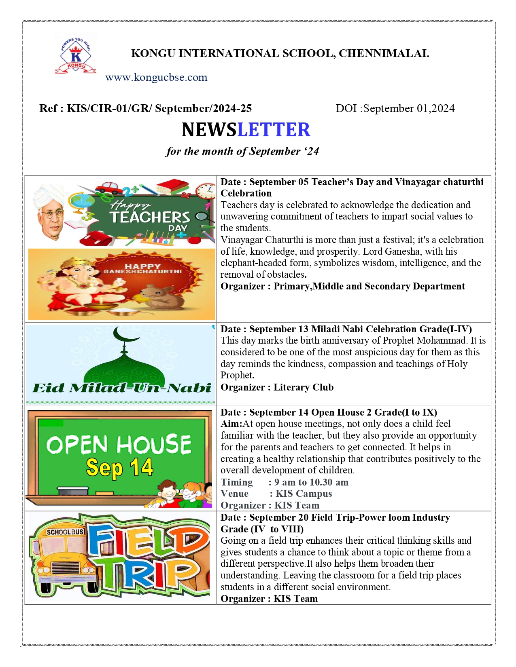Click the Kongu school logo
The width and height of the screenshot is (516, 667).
pyautogui.click(x=76, y=56)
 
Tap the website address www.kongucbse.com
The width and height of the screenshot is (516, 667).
pyautogui.click(x=156, y=77)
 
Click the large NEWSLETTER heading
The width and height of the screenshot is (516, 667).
pyautogui.click(x=246, y=130)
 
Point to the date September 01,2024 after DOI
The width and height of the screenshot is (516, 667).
pyautogui.click(x=409, y=108)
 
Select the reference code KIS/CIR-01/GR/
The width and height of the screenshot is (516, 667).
pyautogui.click(x=109, y=108)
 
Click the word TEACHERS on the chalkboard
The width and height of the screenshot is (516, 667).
pyautogui.click(x=150, y=217)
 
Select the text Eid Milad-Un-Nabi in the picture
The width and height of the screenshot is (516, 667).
pyautogui.click(x=122, y=388)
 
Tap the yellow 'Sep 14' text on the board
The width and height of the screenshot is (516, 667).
pyautogui.click(x=119, y=468)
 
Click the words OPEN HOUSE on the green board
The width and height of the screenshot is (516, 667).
pyautogui.click(x=119, y=444)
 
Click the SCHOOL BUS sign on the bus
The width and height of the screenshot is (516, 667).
pyautogui.click(x=65, y=532)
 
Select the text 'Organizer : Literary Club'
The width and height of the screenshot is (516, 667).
pyautogui.click(x=277, y=387)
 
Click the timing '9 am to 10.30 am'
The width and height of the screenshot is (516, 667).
pyautogui.click(x=311, y=482)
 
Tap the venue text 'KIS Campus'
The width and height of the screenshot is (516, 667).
pyautogui.click(x=304, y=494)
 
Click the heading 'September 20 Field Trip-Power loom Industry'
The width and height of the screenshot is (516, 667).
pyautogui.click(x=349, y=517)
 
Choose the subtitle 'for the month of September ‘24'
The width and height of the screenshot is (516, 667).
pyautogui.click(x=242, y=151)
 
